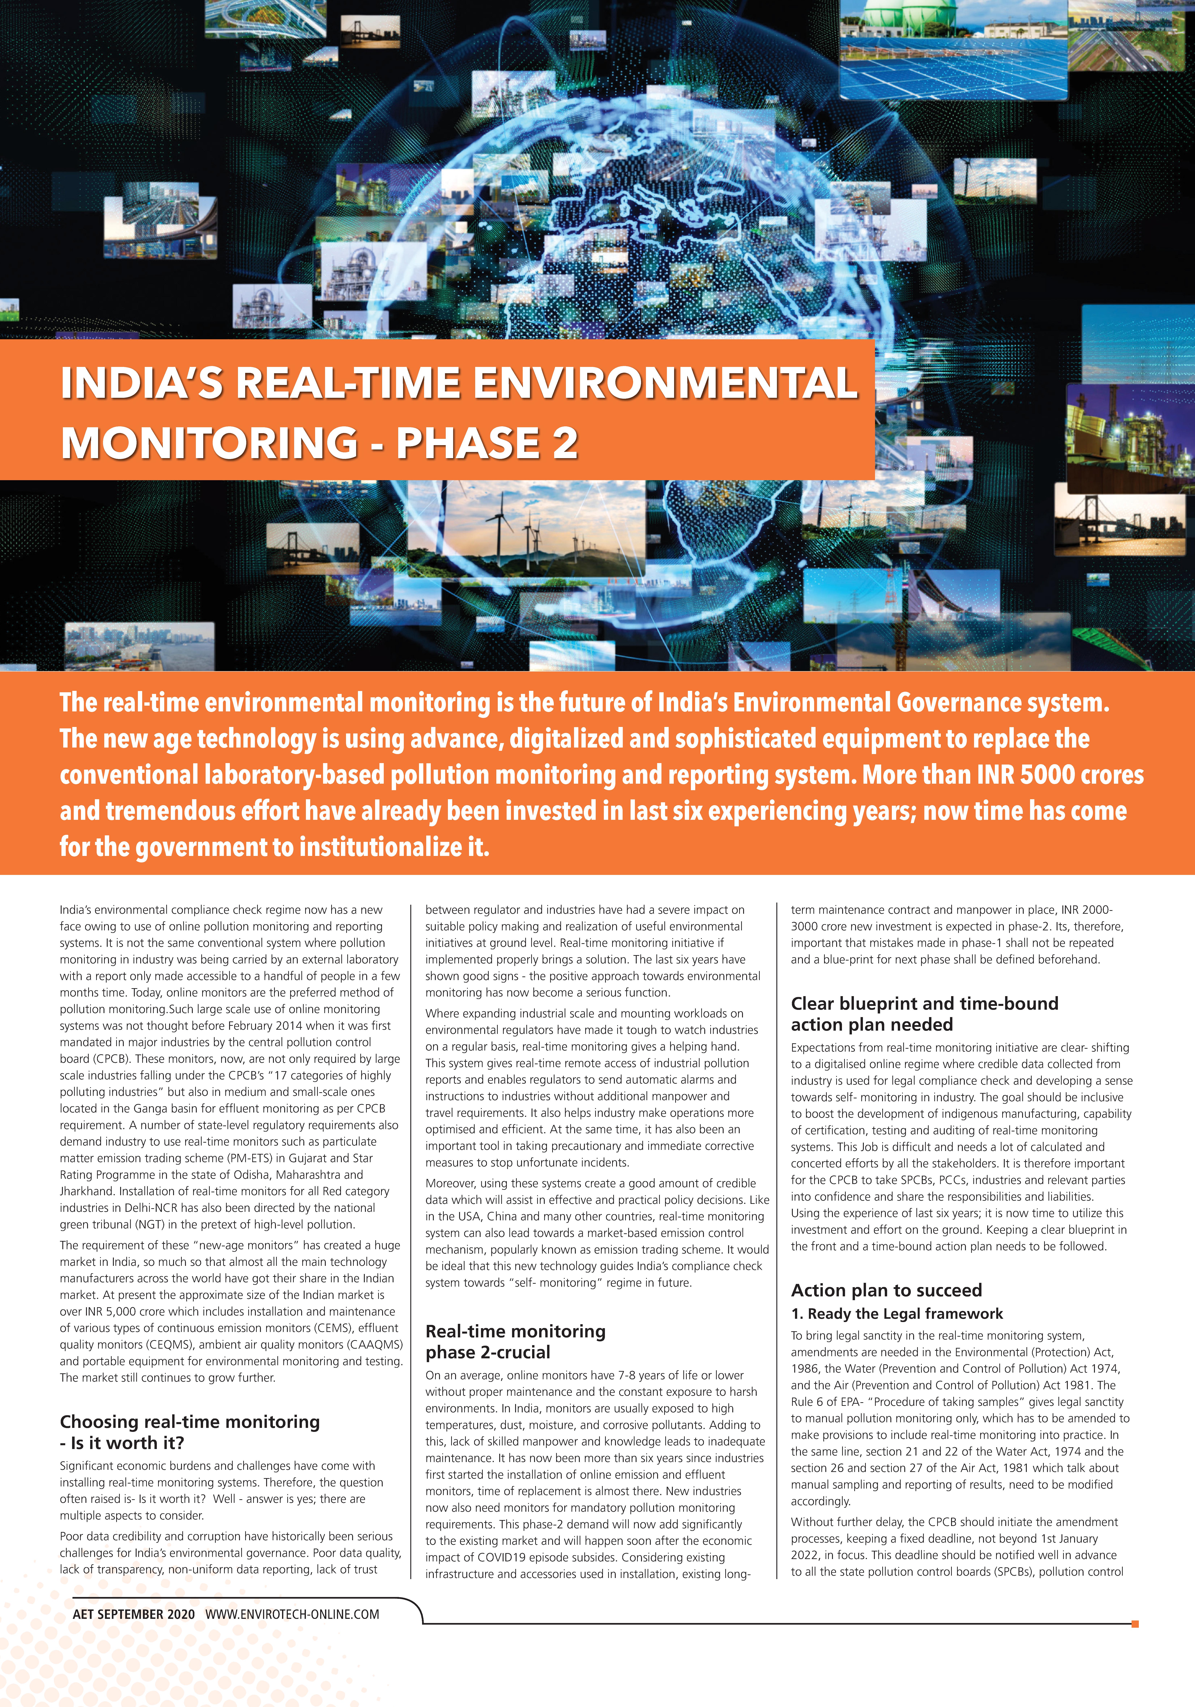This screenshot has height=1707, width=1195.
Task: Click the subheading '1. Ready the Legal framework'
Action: [x=896, y=1314]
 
